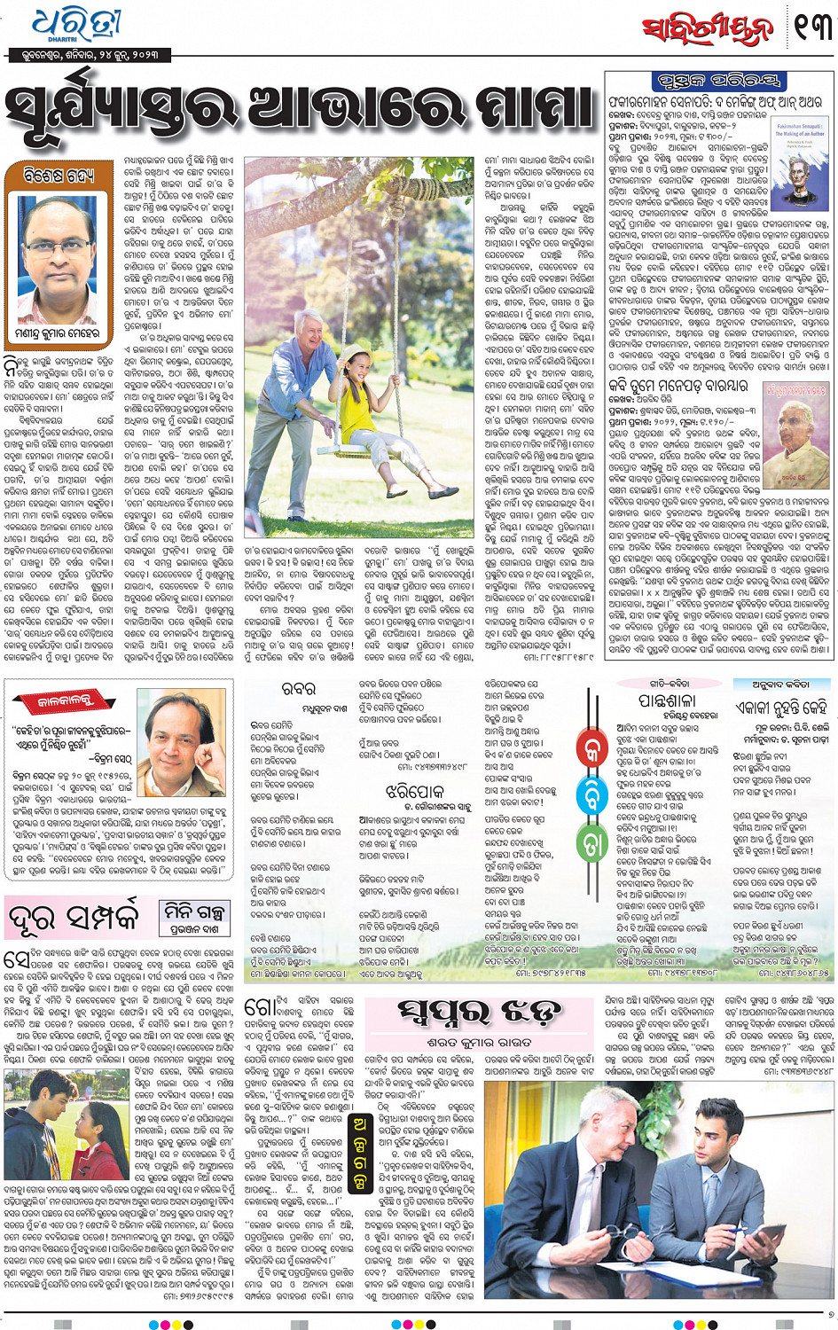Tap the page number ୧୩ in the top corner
pyautogui.click(x=812, y=27)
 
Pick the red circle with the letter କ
pyautogui.click(x=591, y=746)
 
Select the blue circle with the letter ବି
pyautogui.click(x=591, y=794)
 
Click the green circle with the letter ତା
pyautogui.click(x=591, y=843)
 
